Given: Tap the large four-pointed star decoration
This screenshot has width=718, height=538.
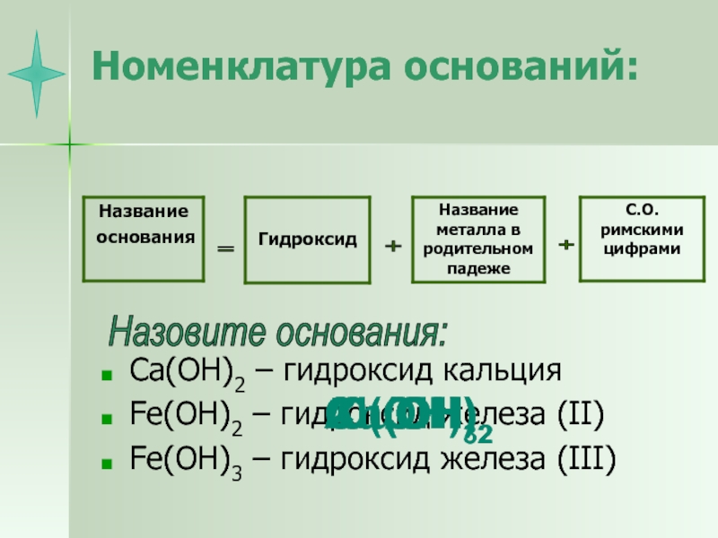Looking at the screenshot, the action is pyautogui.click(x=37, y=74).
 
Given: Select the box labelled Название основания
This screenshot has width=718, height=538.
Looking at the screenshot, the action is pyautogui.click(x=144, y=238).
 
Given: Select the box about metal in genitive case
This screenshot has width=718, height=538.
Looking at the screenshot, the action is pyautogui.click(x=478, y=239).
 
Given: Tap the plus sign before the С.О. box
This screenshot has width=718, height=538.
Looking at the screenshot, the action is pyautogui.click(x=565, y=244).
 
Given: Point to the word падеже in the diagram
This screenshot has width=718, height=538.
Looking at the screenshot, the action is pyautogui.click(x=478, y=268).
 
